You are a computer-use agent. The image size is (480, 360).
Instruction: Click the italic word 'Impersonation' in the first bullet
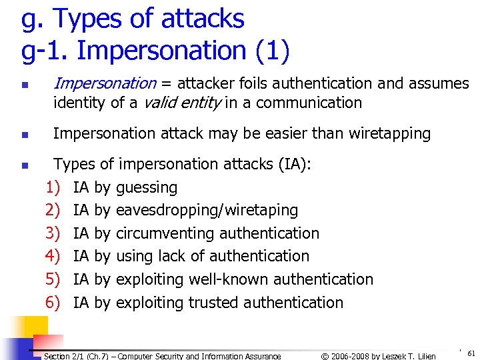pos(104,83)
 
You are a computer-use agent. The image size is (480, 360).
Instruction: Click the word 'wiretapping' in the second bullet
pos(388,133)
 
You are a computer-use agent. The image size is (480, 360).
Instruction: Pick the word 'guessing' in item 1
pos(147,187)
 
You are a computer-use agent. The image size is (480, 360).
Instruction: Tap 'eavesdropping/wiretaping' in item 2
pos(207,210)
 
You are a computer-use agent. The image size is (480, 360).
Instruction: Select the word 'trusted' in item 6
pos(214,303)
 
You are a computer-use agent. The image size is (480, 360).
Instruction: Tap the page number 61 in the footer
pos(471,353)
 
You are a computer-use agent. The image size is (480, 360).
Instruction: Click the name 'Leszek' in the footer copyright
pos(393,356)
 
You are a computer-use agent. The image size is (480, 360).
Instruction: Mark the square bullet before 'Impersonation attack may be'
pos(24,135)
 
